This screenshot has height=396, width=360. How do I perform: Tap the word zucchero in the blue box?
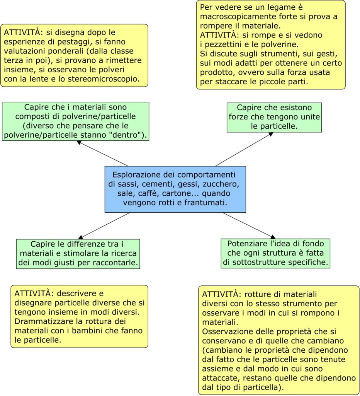[223, 183]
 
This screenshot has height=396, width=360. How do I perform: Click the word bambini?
[102, 331]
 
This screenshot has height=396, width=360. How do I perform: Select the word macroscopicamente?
[234, 17]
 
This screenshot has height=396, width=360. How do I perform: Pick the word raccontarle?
[117, 262]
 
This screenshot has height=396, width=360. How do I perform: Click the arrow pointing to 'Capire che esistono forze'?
[243, 149]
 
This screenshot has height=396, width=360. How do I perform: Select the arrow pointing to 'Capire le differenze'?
[104, 225]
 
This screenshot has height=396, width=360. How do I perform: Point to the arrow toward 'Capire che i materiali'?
[102, 153]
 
